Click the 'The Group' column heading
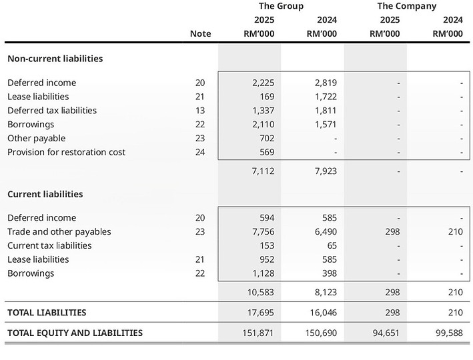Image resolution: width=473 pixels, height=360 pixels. click(x=281, y=6)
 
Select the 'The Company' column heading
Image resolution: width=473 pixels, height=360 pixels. click(x=406, y=6)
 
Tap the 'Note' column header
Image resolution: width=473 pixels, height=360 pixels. click(x=200, y=34)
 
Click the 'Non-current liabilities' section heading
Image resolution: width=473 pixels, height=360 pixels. click(x=55, y=59)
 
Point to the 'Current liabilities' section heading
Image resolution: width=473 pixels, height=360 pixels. click(x=45, y=194)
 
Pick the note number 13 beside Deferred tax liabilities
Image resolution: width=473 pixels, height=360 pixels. click(x=200, y=111)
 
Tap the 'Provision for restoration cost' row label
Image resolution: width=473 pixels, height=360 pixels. click(x=66, y=152)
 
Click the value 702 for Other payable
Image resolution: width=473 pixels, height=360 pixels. click(x=266, y=138)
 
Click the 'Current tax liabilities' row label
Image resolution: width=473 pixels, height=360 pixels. click(x=49, y=245)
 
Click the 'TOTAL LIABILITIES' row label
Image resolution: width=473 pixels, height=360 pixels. click(x=47, y=313)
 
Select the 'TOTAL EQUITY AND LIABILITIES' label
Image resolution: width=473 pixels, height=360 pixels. click(x=75, y=333)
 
